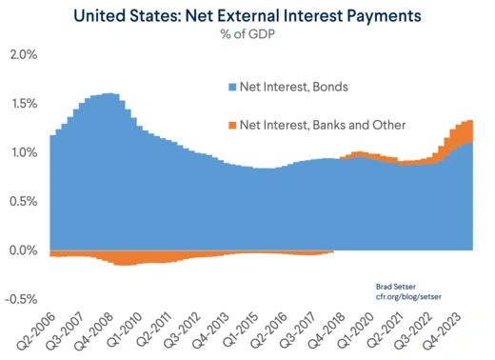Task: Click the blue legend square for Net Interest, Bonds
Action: coord(231,87)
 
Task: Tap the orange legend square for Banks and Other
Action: coord(231,125)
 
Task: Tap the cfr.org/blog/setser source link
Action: coord(404,298)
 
